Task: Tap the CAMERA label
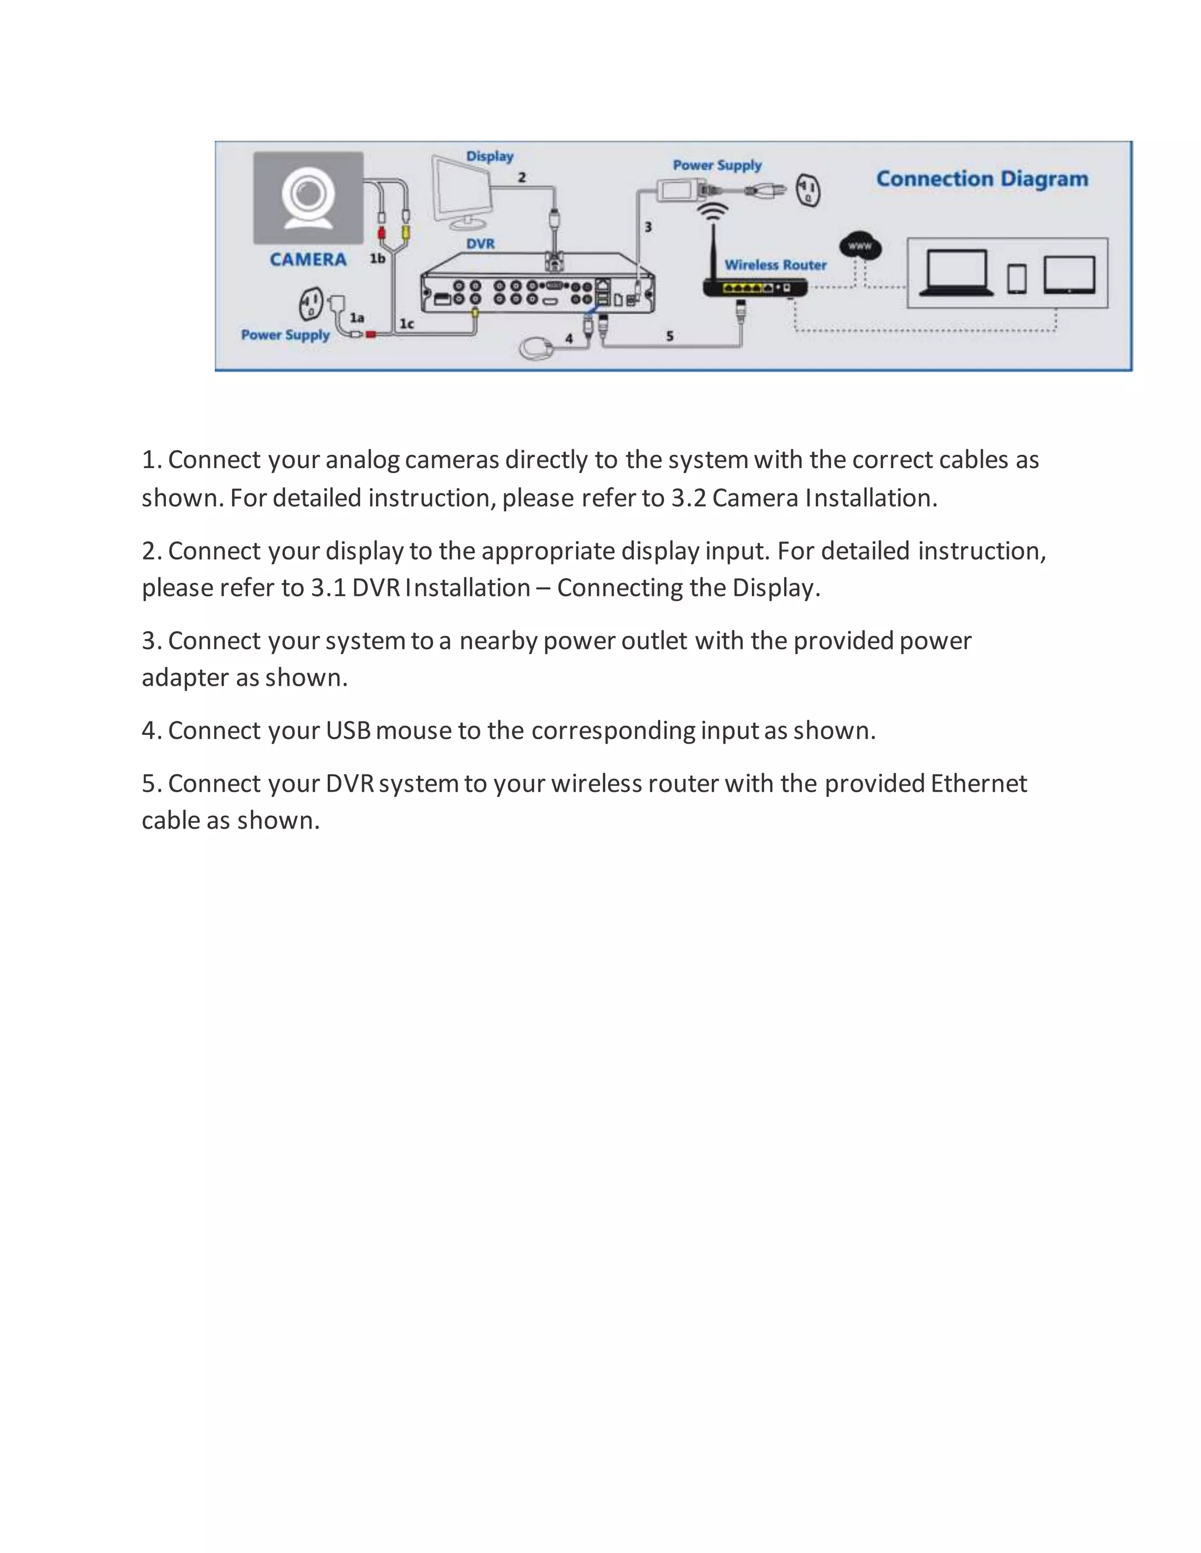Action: [308, 260]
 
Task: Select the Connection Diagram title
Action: [982, 179]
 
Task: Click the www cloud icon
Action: [860, 247]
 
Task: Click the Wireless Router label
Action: [775, 265]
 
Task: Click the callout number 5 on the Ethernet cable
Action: [670, 336]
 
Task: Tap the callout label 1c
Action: [406, 324]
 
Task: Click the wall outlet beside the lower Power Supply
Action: [310, 304]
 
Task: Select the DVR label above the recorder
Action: [480, 244]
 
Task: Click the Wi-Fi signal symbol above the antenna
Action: [712, 212]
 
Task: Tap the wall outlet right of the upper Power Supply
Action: [808, 190]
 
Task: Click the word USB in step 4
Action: [348, 731]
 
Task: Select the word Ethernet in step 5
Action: [978, 784]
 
